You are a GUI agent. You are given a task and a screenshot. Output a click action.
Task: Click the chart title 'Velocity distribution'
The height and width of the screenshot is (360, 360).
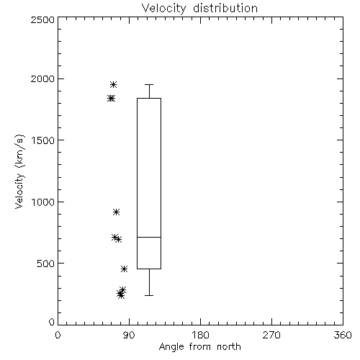click(199, 9)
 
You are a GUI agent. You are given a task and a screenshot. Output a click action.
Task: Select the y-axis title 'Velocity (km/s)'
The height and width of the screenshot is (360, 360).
click(19, 171)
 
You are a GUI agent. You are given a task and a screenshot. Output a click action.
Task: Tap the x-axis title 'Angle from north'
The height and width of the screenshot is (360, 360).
click(199, 347)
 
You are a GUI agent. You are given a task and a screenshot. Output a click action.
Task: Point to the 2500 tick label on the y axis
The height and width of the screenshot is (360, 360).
click(43, 19)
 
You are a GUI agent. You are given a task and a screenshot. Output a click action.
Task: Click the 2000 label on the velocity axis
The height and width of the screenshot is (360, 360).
click(43, 78)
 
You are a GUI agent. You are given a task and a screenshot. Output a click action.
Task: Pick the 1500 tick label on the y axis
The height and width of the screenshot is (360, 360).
click(43, 140)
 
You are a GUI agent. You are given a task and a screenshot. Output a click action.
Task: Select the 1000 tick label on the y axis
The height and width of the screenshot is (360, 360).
click(43, 202)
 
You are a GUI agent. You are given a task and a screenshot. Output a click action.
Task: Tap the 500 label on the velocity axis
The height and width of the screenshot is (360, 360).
click(46, 264)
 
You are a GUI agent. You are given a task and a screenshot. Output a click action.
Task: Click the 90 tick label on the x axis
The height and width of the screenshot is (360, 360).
click(129, 335)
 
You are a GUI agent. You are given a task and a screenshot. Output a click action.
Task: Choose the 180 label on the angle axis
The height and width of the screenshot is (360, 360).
click(200, 335)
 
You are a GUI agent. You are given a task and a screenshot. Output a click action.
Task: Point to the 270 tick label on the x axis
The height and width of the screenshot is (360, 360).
click(271, 335)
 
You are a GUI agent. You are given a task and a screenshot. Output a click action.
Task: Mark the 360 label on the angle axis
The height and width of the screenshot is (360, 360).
click(343, 335)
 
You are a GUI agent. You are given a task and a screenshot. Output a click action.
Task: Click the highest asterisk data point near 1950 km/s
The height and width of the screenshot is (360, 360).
click(113, 84)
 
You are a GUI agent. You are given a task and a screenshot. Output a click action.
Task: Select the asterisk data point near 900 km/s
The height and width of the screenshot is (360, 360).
click(116, 212)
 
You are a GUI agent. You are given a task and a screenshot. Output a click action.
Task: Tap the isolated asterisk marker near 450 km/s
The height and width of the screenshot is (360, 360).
click(124, 269)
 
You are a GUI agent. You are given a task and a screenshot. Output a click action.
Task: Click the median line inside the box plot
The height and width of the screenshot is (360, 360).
click(149, 237)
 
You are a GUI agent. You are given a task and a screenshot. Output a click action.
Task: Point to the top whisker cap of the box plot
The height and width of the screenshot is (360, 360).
click(149, 84)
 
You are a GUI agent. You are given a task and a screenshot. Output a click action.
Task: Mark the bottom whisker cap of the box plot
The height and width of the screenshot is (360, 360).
click(149, 295)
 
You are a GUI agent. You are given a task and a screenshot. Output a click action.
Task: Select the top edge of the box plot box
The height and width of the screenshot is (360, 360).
click(149, 98)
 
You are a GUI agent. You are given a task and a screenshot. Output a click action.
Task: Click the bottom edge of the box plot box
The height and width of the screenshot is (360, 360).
click(149, 269)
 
